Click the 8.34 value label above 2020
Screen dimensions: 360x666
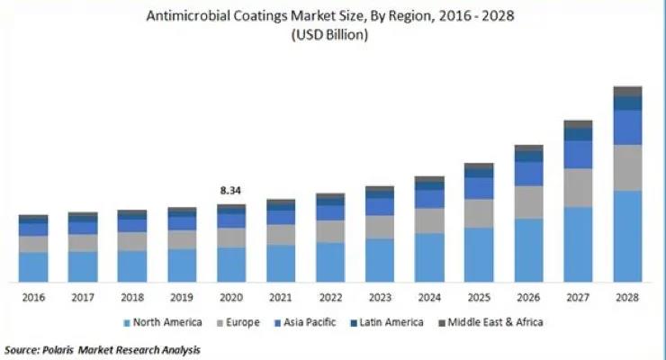(x=231, y=191)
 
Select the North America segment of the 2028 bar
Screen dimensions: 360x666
(x=627, y=235)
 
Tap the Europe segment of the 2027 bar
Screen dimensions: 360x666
(x=578, y=187)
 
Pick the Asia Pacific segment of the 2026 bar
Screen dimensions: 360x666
(x=528, y=174)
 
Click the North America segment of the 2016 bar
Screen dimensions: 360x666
(x=33, y=265)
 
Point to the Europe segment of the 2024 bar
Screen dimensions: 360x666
(x=429, y=220)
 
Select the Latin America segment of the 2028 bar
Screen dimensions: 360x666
(x=627, y=103)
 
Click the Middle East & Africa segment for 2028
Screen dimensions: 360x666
(x=627, y=91)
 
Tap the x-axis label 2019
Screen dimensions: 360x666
(x=182, y=297)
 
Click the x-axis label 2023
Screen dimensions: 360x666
(x=380, y=297)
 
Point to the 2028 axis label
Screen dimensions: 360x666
(x=627, y=297)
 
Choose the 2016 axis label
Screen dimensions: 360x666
(x=33, y=297)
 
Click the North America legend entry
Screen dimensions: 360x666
(x=167, y=322)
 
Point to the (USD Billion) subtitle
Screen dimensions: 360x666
(x=330, y=36)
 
